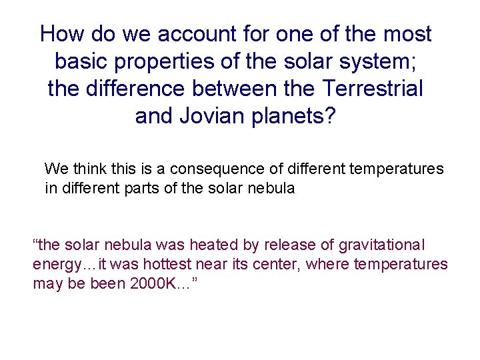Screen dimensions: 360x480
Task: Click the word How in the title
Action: [61, 34]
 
